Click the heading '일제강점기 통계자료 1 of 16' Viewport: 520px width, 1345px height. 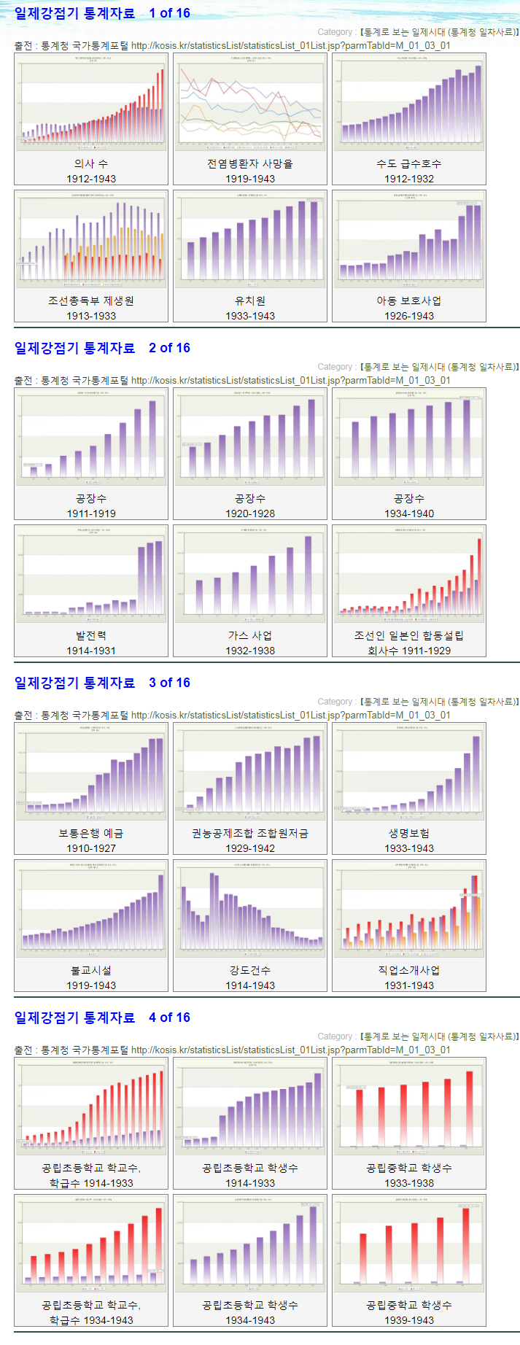pos(102,13)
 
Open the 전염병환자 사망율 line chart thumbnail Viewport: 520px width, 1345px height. pos(250,102)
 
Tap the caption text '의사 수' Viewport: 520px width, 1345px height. pos(91,163)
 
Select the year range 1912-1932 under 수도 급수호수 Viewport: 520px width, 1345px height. pos(409,179)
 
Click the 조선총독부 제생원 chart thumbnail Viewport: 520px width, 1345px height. pos(91,239)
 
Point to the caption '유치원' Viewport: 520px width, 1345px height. pos(250,301)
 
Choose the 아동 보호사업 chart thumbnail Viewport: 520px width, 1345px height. pos(409,239)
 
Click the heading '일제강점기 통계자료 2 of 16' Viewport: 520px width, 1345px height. pos(102,348)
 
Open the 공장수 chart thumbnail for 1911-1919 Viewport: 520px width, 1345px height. pos(91,437)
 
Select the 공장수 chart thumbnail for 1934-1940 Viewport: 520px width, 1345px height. pos(409,437)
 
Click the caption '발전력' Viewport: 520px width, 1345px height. pos(91,635)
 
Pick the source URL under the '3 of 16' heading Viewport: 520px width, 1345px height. pos(290,715)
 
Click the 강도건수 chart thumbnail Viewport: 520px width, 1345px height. pos(250,909)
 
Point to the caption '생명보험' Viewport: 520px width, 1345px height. pos(409,833)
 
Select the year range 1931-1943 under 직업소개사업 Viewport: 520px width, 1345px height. pos(409,985)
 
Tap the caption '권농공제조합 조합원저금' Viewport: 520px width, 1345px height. pos(250,833)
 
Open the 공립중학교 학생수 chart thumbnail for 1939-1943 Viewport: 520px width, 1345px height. pos(409,1244)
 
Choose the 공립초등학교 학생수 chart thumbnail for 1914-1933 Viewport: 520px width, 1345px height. pos(250,1106)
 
